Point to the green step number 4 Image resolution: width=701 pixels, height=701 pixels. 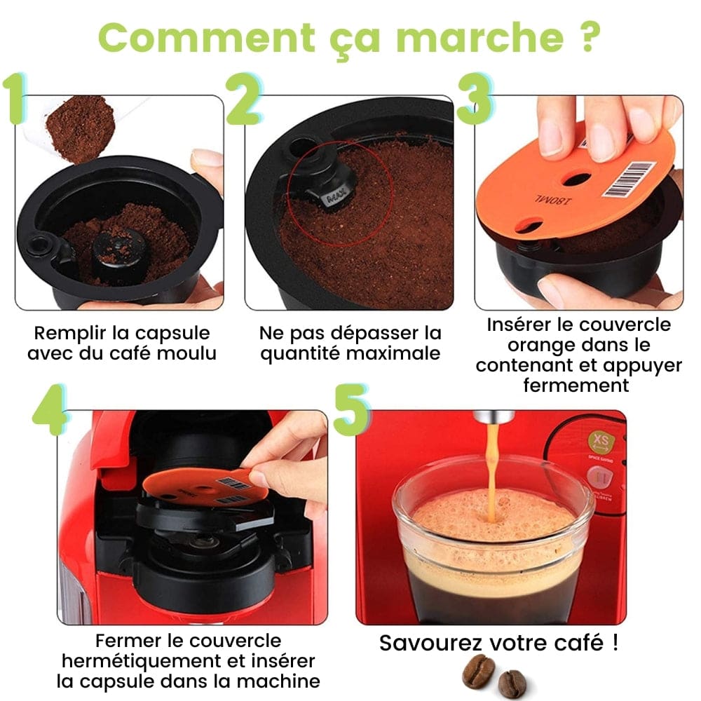[x=50, y=409]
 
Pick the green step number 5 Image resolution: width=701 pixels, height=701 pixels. [x=352, y=409]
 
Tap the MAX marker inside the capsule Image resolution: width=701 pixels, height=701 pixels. [x=336, y=197]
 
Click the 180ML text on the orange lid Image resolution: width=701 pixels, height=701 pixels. [x=552, y=200]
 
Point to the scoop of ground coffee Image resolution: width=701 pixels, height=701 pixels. [x=81, y=129]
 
